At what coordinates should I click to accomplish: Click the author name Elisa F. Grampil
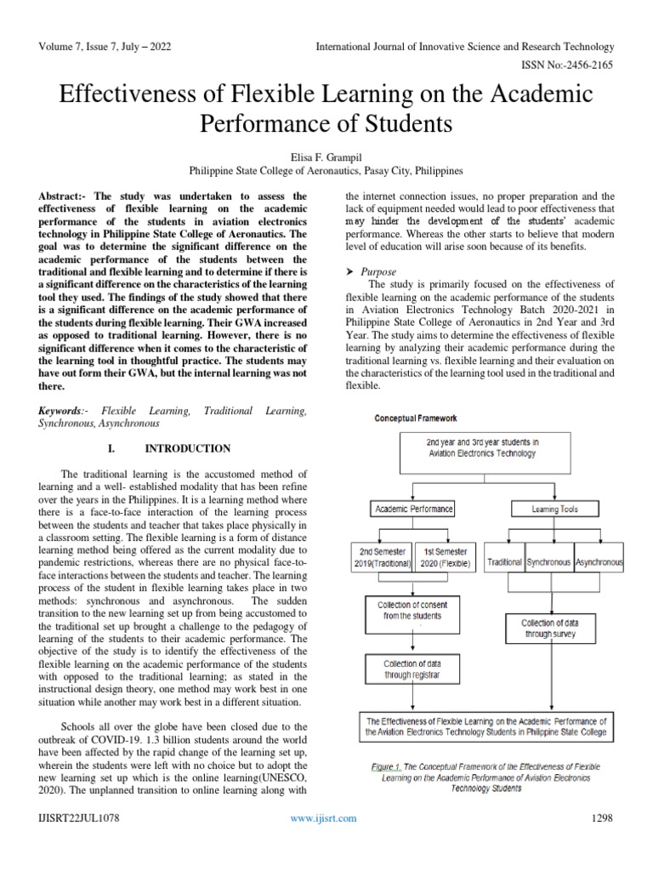(326, 156)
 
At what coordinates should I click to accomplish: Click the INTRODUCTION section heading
(187, 448)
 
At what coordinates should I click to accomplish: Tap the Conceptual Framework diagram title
(416, 418)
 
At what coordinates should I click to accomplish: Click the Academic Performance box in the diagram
(412, 510)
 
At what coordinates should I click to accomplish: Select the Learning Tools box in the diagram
(555, 510)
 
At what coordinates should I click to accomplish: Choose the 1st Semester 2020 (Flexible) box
(447, 557)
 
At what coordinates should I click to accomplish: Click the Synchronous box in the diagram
(548, 563)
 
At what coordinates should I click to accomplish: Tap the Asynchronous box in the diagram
(599, 563)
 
